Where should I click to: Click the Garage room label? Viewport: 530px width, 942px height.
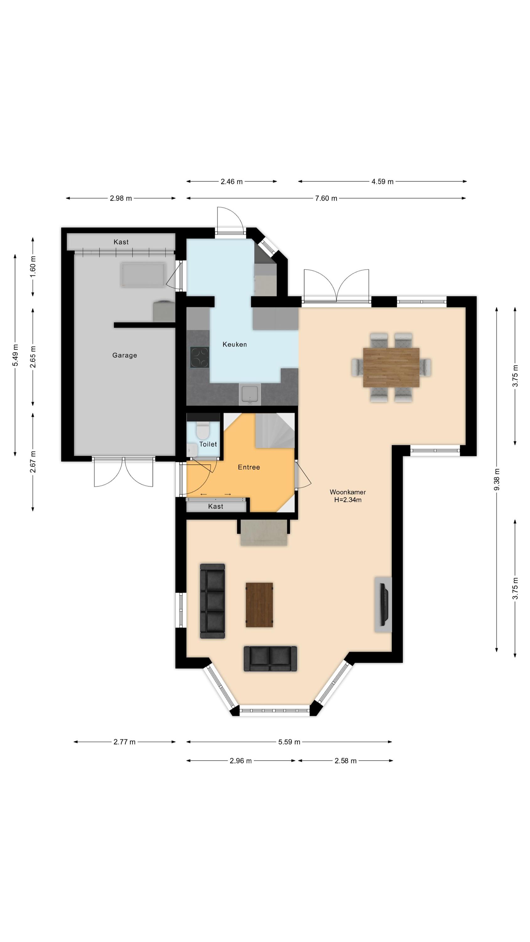click(124, 355)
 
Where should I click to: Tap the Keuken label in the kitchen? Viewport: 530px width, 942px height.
click(235, 344)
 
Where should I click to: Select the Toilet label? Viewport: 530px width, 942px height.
click(208, 444)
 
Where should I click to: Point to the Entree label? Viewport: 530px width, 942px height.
click(249, 467)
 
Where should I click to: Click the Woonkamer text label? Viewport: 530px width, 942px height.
click(348, 492)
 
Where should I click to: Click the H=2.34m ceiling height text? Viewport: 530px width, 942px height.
click(348, 500)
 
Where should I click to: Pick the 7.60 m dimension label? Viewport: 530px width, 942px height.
click(326, 198)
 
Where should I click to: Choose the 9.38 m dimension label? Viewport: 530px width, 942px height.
click(496, 479)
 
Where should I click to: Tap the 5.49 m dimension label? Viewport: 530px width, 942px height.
click(15, 355)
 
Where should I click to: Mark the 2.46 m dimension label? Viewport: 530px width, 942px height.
click(231, 181)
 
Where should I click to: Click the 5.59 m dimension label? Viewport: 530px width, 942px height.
click(289, 742)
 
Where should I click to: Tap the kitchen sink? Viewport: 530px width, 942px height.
click(250, 393)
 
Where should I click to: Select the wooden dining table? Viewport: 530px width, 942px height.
click(391, 367)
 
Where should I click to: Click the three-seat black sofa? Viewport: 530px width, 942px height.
click(213, 601)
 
